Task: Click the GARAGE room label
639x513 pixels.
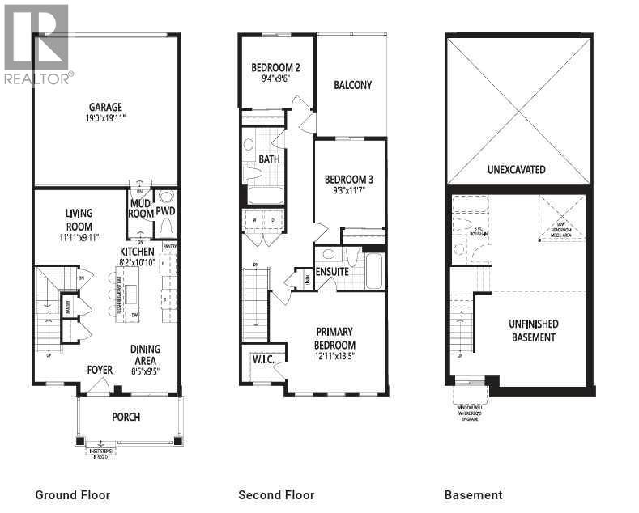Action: tap(105, 106)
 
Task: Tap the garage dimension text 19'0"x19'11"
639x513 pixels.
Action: tap(105, 118)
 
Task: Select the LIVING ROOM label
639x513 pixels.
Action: tap(79, 220)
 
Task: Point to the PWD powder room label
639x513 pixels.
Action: tap(166, 211)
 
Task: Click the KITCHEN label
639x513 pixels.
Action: tap(138, 252)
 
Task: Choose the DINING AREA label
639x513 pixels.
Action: tap(146, 354)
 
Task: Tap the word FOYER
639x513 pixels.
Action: tap(100, 371)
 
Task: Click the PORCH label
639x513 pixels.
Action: tap(126, 417)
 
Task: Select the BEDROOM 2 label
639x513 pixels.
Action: tap(276, 67)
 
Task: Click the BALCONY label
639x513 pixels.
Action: tap(352, 85)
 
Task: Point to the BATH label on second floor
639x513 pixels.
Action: tap(269, 159)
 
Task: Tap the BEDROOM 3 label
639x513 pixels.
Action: tap(348, 179)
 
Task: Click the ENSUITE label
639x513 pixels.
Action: tap(332, 272)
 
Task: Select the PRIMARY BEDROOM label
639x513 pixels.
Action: tap(334, 337)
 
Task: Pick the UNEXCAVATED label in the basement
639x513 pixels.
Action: tap(516, 170)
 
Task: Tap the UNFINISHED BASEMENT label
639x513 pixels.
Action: tap(532, 330)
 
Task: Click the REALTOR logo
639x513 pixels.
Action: tap(37, 45)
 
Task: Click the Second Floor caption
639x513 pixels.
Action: tap(276, 494)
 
